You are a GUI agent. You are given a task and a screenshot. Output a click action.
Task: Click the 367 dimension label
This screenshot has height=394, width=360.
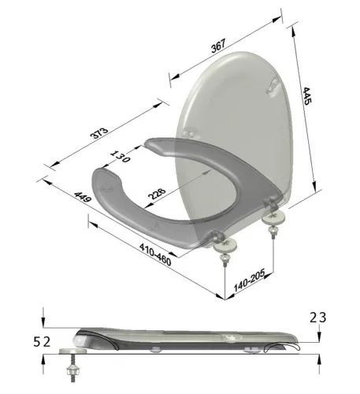coord(218,46)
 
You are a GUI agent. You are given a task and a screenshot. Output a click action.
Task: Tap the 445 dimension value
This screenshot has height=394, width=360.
coord(306,96)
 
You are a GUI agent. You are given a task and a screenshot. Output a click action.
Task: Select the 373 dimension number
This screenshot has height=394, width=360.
coord(99,133)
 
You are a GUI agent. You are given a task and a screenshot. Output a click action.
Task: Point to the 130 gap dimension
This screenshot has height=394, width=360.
coord(120,157)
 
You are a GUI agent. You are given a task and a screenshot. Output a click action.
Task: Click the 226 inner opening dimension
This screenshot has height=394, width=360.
coord(157,194)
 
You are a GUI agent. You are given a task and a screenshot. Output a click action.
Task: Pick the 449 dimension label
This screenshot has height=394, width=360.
coord(83,197)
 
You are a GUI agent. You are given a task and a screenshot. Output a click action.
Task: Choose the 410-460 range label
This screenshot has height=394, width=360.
coord(155,255)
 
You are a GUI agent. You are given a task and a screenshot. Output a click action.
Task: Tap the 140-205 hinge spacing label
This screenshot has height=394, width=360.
coord(249,281)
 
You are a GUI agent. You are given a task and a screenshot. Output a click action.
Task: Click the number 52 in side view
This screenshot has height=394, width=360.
coord(42,342)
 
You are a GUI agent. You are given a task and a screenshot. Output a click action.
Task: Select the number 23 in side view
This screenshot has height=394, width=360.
coord(318,318)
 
